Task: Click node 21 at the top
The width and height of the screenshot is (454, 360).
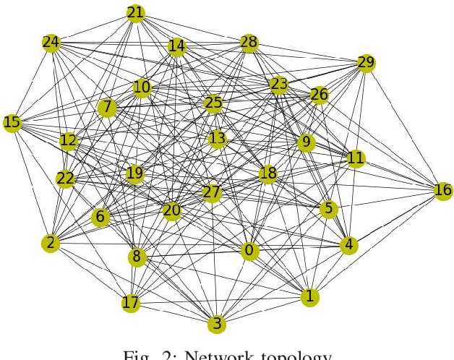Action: coord(135,13)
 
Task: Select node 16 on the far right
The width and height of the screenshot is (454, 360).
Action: coord(442,191)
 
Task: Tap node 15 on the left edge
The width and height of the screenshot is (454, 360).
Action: coord(12,123)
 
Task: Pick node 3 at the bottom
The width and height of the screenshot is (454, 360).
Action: coord(215,324)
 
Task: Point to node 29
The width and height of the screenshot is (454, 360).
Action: coord(366,64)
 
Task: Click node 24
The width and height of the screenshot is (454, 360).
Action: coord(51,43)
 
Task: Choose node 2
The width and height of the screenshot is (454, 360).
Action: coord(50,244)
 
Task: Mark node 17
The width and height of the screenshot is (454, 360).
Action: coord(130,303)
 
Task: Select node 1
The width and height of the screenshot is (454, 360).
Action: coord(309,296)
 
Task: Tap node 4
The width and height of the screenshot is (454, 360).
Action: coord(349,245)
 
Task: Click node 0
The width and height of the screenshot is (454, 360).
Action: coord(249,251)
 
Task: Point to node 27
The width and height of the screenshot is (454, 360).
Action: coord(211,193)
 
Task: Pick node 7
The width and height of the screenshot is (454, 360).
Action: coord(107,108)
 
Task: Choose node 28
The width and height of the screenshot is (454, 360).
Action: coord(249,43)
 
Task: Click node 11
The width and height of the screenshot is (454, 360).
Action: coord(356,158)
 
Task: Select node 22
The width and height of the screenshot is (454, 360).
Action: coord(66,179)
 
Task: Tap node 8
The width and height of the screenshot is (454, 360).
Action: coord(137,257)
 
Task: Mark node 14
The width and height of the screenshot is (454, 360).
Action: coord(176,47)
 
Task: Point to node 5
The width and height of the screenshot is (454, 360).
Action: coord(329,209)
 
